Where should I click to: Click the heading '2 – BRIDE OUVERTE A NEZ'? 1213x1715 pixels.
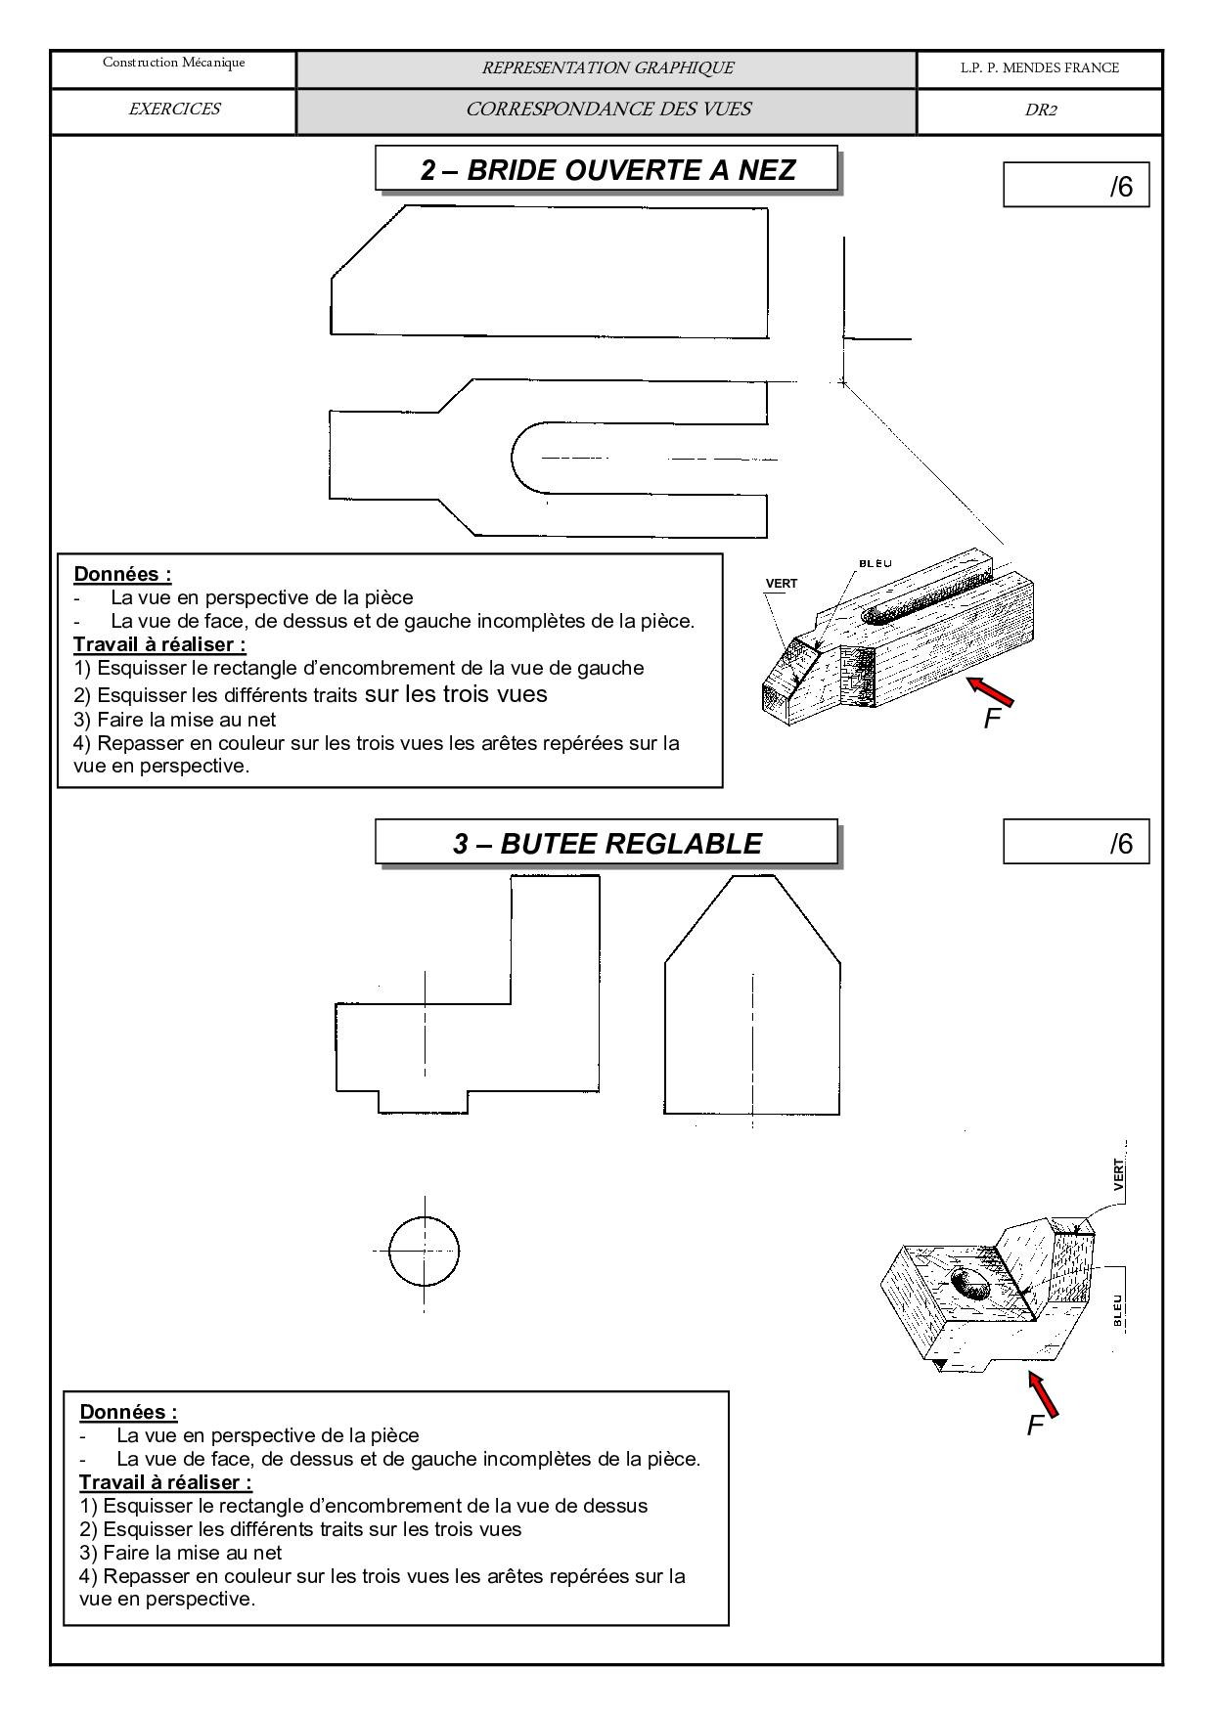pos(606,170)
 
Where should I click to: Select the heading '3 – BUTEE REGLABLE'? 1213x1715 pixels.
pos(606,844)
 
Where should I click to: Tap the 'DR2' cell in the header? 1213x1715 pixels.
pos(1040,110)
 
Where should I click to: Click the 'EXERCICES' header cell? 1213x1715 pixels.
pos(174,110)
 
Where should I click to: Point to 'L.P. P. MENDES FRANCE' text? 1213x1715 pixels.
pos(1039,68)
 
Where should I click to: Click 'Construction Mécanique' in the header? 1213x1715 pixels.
pos(174,64)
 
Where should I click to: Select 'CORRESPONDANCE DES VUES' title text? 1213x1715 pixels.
pos(607,110)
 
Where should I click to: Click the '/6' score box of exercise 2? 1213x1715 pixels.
pos(1076,186)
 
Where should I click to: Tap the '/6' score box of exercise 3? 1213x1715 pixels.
pos(1076,843)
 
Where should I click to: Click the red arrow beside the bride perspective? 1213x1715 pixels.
pos(990,690)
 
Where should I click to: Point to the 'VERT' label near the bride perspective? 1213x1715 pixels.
pos(781,584)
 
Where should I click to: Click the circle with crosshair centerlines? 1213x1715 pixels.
pos(424,1251)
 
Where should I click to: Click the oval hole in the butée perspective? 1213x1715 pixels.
pos(970,1283)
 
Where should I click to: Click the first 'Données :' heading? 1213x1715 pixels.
pos(122,574)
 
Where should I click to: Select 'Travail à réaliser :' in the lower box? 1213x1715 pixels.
pos(165,1482)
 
